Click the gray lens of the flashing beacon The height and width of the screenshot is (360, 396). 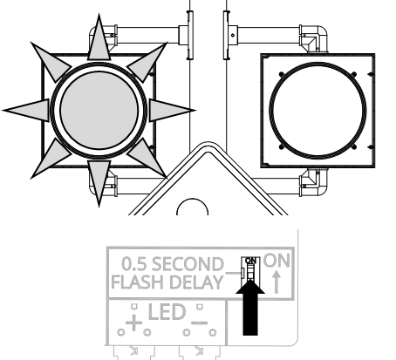[x=99, y=110]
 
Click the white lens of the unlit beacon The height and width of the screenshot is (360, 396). [x=317, y=111]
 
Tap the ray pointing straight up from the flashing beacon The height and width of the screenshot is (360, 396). [x=99, y=37]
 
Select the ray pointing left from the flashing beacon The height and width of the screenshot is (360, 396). [x=26, y=110]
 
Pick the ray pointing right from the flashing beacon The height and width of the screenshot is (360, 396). [x=172, y=110]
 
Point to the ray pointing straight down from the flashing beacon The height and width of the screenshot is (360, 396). [x=99, y=183]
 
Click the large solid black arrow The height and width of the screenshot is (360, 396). [x=250, y=308]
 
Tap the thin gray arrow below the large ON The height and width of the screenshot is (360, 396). [x=277, y=282]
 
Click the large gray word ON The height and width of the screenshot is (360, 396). [x=277, y=261]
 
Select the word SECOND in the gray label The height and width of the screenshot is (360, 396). [x=188, y=264]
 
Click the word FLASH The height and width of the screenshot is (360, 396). [x=139, y=282]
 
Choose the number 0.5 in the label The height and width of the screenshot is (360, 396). [x=134, y=264]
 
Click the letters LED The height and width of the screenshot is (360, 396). [x=167, y=312]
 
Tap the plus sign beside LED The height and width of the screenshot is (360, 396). [x=133, y=323]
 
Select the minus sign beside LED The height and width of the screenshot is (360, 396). [x=200, y=323]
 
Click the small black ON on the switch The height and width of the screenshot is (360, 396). [x=250, y=261]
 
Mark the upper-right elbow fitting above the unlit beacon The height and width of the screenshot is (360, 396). [x=314, y=38]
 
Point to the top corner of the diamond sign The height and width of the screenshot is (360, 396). [x=208, y=142]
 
